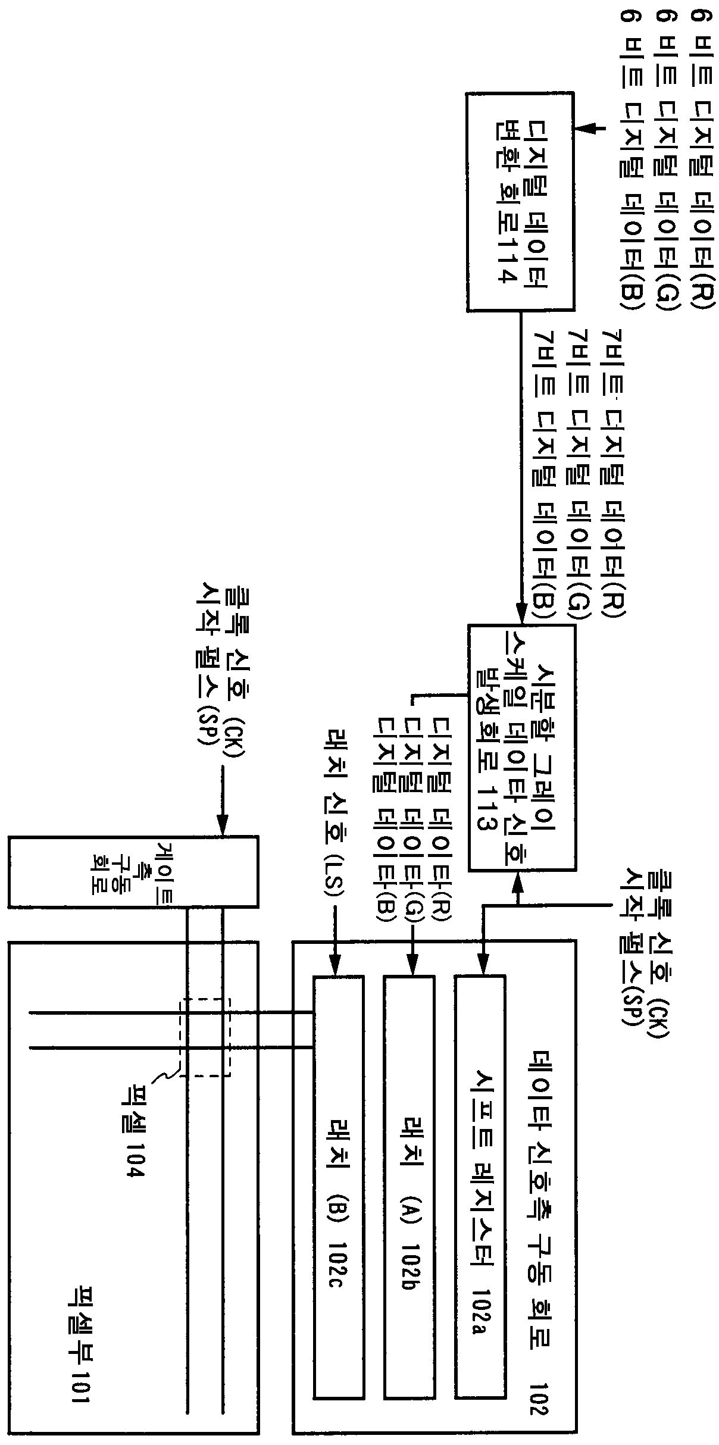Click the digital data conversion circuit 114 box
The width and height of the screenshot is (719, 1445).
(520, 202)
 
